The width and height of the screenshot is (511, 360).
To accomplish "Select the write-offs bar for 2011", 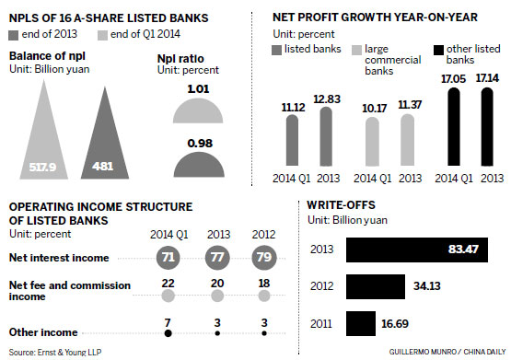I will click(x=360, y=323).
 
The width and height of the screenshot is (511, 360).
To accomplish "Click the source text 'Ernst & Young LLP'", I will click(x=56, y=352).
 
